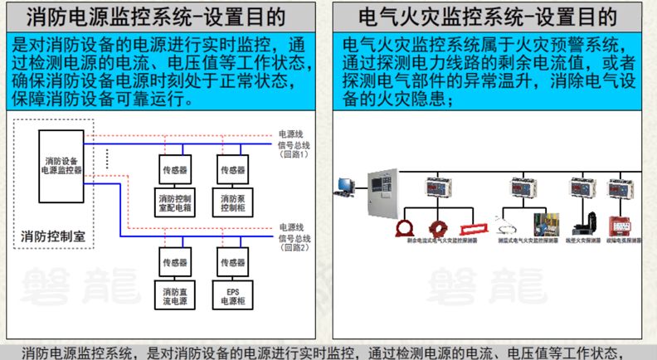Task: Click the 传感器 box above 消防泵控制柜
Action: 231,169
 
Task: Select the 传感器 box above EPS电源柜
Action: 231,262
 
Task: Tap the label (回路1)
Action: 294,154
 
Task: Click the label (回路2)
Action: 294,247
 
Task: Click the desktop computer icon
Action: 344,186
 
